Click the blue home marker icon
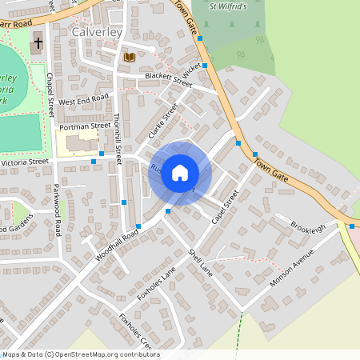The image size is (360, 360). coord(180,172)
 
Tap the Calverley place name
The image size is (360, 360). coord(96,32)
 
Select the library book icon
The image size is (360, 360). coord(130,57)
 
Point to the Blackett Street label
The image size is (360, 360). coord(169,78)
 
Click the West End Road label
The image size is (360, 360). coord(83,101)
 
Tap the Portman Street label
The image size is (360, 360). coord(84,126)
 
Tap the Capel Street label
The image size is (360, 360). coord(225,206)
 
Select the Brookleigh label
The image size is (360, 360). coord(308,227)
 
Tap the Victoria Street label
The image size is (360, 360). coord(25,162)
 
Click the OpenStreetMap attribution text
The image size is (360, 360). coord(80,354)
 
